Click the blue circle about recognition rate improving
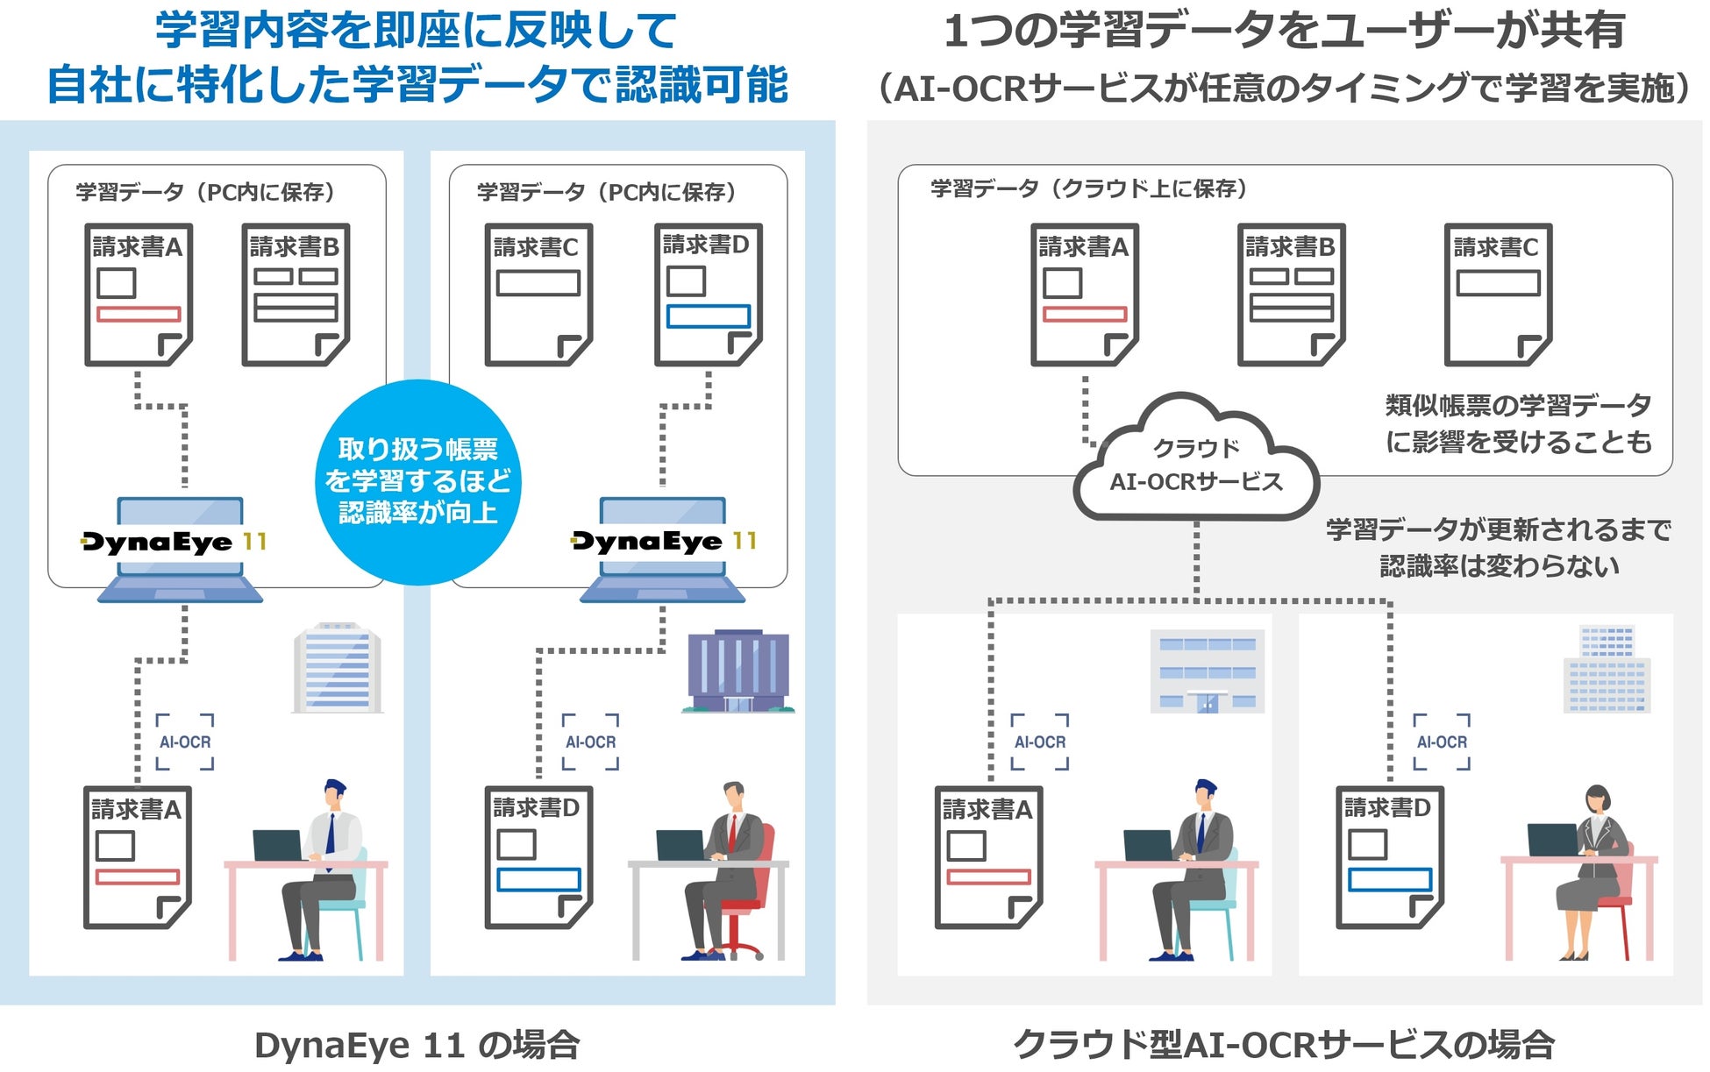pos(417,481)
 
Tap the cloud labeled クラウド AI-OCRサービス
pos(1196,465)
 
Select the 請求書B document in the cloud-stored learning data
pos(1291,295)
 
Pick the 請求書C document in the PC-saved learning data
pos(538,295)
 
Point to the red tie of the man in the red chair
pos(732,832)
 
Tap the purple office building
pos(738,671)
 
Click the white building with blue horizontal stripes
pos(337,668)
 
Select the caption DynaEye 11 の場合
pos(417,1044)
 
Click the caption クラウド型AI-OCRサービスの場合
pos(1283,1044)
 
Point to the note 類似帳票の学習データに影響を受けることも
pos(1518,423)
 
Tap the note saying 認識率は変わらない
pos(1499,566)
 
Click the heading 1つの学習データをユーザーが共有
pos(1284,32)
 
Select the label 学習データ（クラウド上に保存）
pos(1088,188)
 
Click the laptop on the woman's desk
pos(1552,840)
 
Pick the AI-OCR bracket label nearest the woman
pos(1442,742)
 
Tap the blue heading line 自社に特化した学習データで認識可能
pos(417,86)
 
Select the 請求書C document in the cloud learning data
pos(1498,295)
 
